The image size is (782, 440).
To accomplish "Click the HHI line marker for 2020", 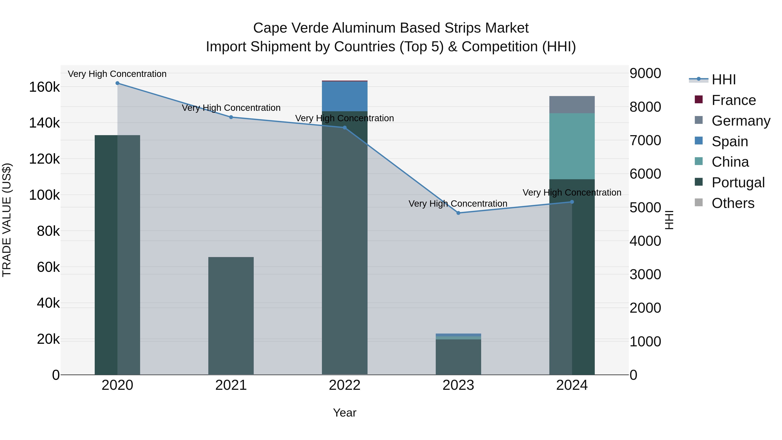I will [x=118, y=83].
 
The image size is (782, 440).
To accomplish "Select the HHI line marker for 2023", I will [x=458, y=213].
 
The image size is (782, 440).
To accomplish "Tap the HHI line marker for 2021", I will [x=231, y=117].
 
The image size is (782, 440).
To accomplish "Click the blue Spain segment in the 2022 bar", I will [x=345, y=96].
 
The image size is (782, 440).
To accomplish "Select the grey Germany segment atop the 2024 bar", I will [x=572, y=105].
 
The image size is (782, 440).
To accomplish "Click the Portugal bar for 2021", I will [x=231, y=316].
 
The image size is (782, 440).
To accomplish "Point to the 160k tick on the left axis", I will [x=44, y=87].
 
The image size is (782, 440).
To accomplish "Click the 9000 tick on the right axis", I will [x=645, y=73].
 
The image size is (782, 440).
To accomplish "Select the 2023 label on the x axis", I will [x=458, y=385].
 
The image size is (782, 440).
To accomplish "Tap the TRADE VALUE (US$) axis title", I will [x=7, y=220].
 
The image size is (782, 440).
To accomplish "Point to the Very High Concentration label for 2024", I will [x=572, y=193].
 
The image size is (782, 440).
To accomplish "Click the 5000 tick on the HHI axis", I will [x=645, y=208].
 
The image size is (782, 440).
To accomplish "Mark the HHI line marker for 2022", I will [x=345, y=128].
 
